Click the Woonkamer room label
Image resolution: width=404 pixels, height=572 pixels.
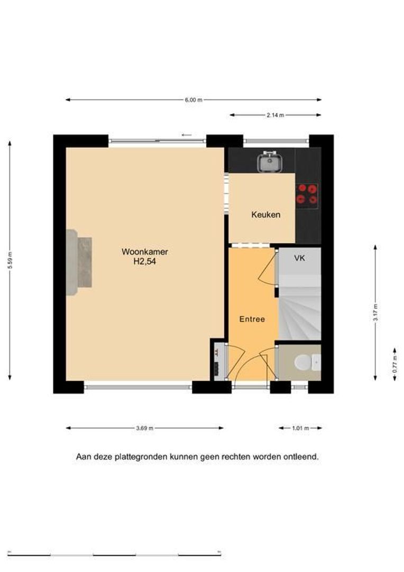[x=144, y=252]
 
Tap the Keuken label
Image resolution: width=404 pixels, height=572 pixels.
[x=266, y=215]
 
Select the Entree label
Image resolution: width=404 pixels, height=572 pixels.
[x=252, y=319]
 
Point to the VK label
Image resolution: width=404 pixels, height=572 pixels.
[x=299, y=258]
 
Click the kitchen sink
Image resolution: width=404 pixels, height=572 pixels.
[x=270, y=161]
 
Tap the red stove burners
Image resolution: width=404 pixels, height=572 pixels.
[x=306, y=194]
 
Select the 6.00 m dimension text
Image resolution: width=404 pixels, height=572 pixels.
[x=194, y=100]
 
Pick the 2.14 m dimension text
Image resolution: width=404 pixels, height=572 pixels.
[x=275, y=115]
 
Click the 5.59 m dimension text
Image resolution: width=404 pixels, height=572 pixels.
[x=10, y=260]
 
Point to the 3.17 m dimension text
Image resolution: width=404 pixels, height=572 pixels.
[x=375, y=312]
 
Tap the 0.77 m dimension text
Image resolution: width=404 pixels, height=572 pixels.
[x=394, y=364]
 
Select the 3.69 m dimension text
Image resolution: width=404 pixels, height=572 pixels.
[x=144, y=428]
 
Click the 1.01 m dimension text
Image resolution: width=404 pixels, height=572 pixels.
[x=300, y=428]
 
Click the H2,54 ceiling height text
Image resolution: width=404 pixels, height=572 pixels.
[x=144, y=261]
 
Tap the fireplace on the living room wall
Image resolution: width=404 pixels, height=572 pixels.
[x=79, y=262]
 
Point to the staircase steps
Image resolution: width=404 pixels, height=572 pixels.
[x=299, y=312]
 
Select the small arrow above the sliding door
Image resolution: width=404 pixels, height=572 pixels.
[x=187, y=136]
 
